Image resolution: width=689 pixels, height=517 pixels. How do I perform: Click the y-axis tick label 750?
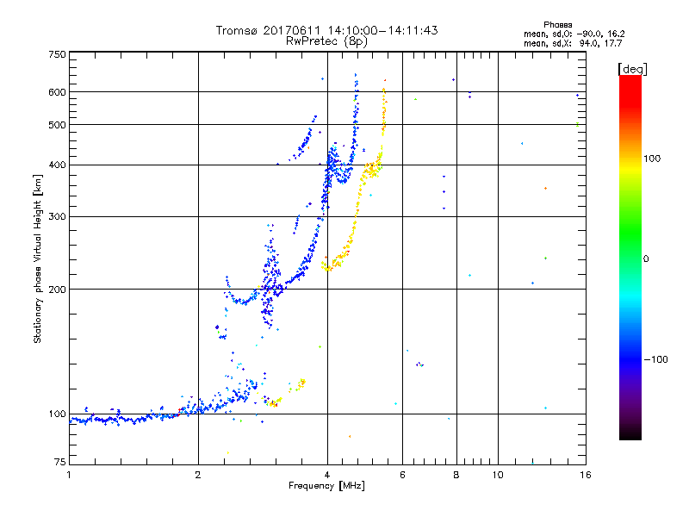pyautogui.click(x=57, y=54)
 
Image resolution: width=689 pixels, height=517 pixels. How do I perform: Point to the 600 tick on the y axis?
pyautogui.click(x=57, y=92)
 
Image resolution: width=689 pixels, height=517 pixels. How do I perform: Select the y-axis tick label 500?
pyautogui.click(x=57, y=125)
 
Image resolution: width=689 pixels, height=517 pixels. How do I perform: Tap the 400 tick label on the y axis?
pyautogui.click(x=57, y=165)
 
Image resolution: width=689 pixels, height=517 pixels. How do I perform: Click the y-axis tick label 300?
pyautogui.click(x=57, y=217)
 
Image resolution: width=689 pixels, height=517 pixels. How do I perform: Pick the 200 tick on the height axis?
pyautogui.click(x=57, y=290)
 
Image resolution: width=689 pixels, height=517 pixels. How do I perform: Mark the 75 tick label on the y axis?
pyautogui.click(x=59, y=463)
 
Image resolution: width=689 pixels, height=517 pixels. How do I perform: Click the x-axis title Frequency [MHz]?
pyautogui.click(x=326, y=486)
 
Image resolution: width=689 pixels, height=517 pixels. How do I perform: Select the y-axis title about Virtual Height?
pyautogui.click(x=38, y=258)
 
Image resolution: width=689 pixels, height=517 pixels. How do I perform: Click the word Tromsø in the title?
pyautogui.click(x=235, y=30)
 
